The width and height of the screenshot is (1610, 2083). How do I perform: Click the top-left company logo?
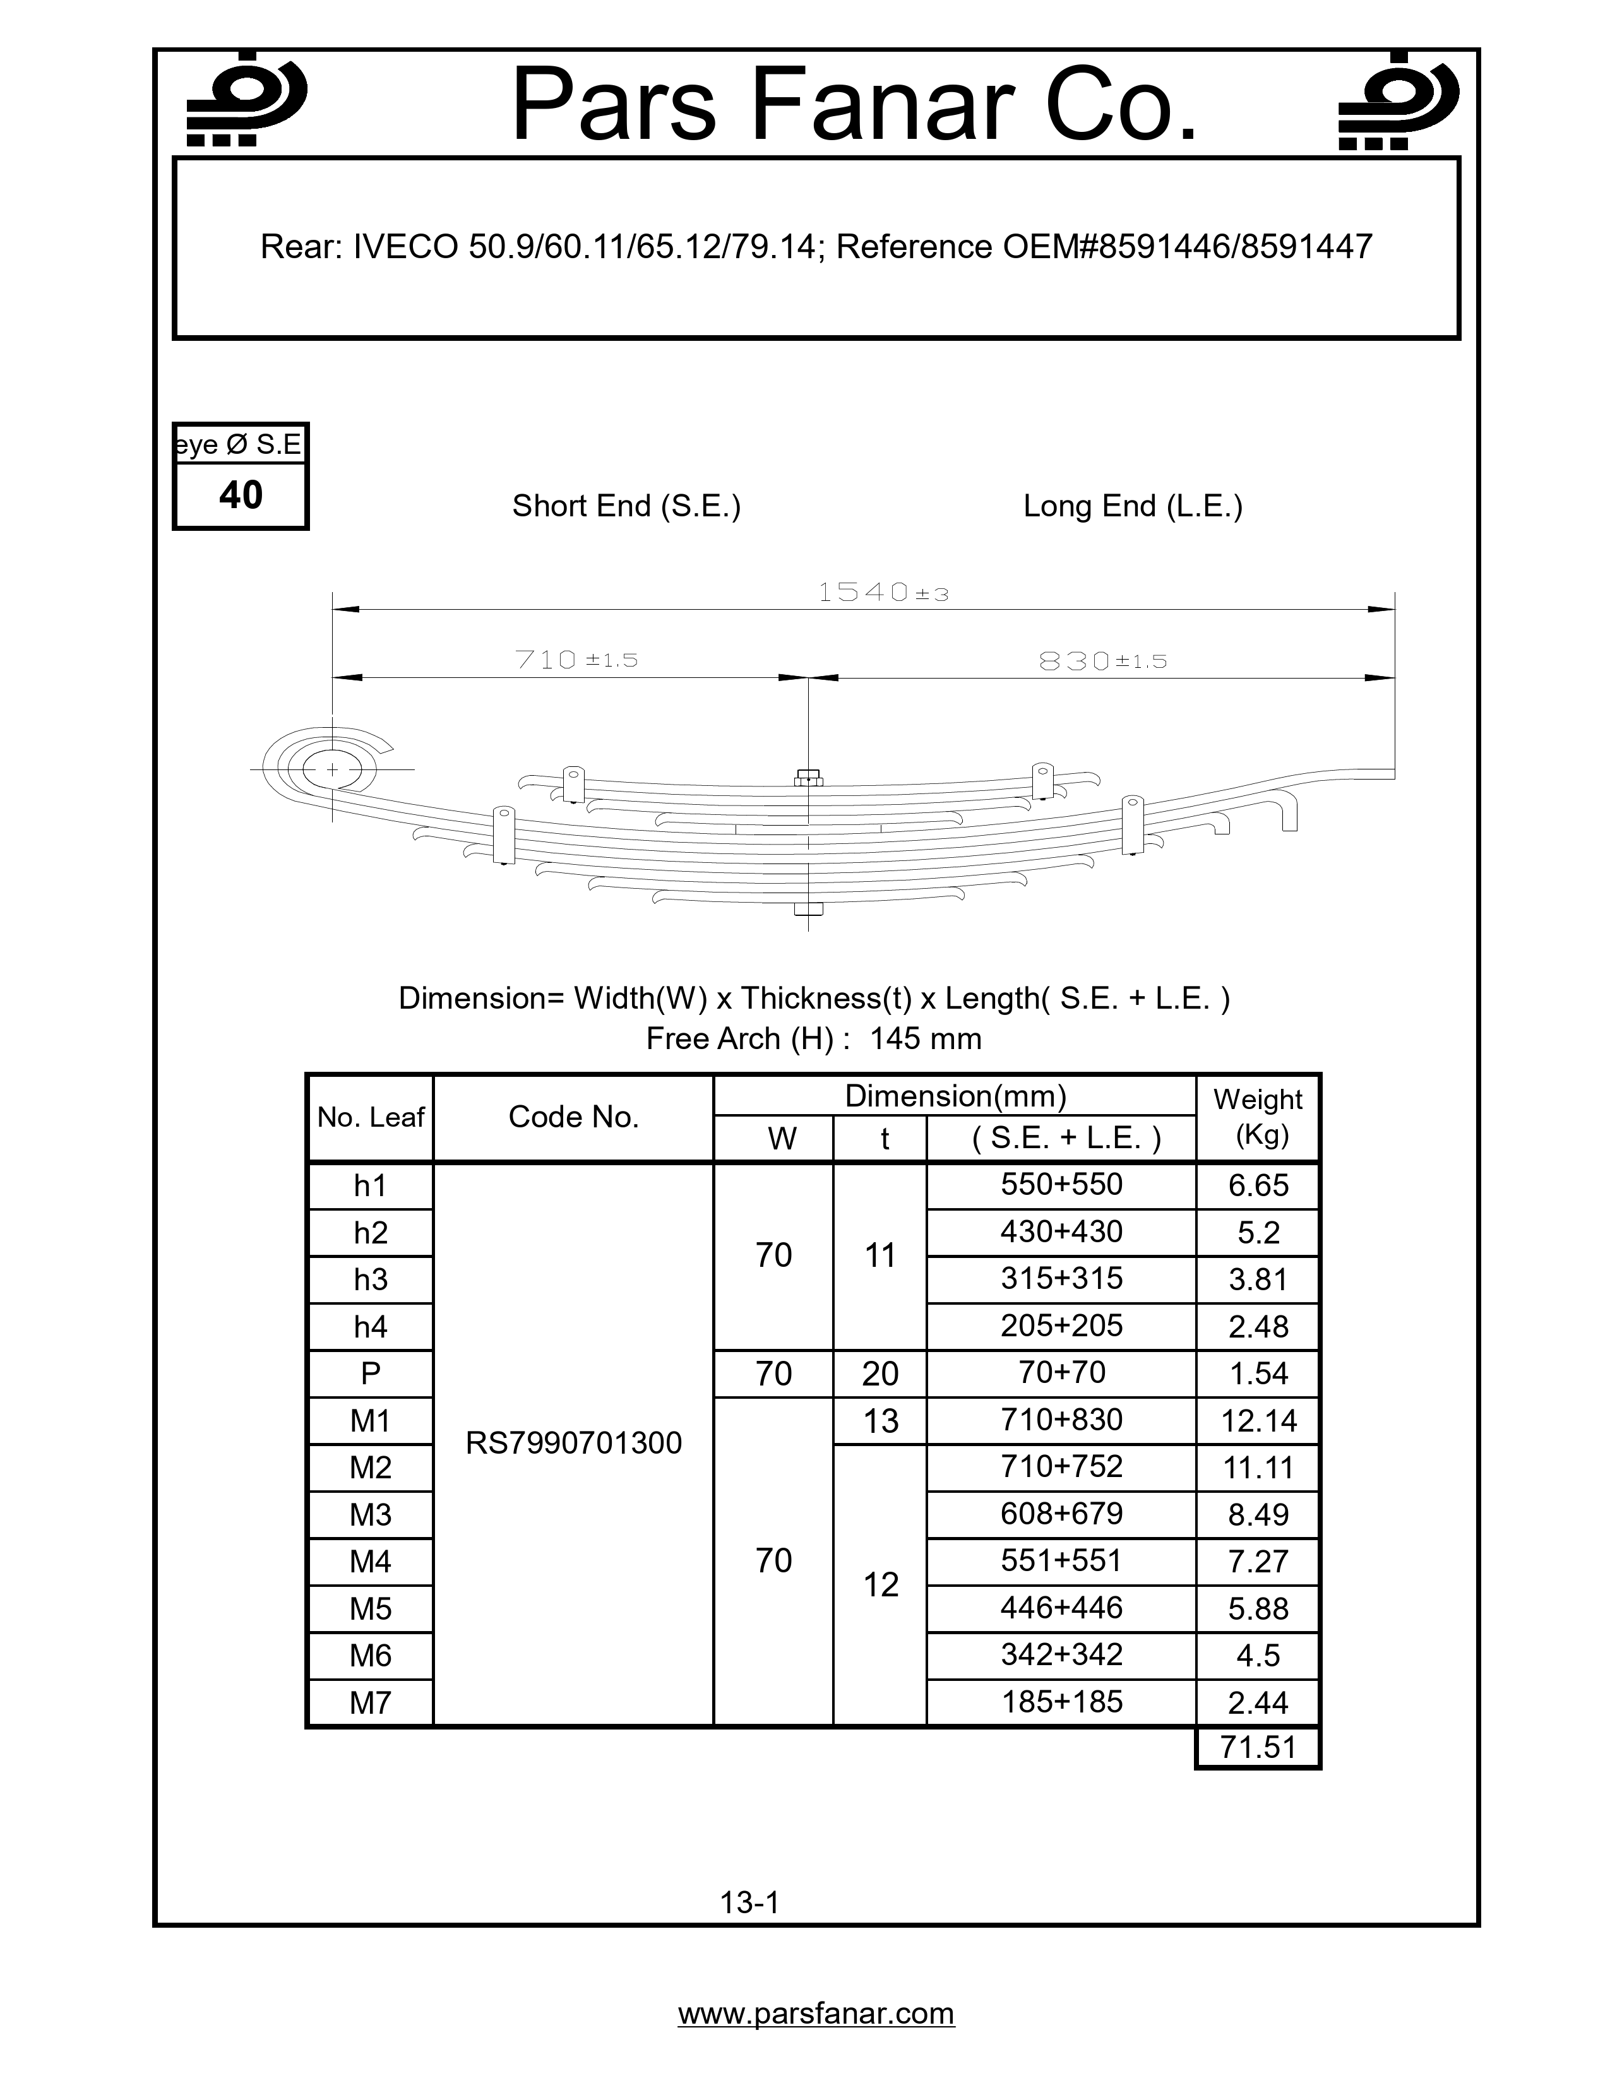pyautogui.click(x=245, y=100)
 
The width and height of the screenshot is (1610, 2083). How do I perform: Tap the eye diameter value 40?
pyautogui.click(x=241, y=495)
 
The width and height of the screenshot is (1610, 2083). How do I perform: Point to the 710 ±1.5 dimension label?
pyautogui.click(x=575, y=659)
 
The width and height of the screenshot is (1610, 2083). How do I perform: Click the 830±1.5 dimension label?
pyautogui.click(x=1102, y=661)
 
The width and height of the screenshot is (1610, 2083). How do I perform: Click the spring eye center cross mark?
pyautogui.click(x=332, y=769)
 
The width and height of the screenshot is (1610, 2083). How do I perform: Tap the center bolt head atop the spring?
pyautogui.click(x=808, y=776)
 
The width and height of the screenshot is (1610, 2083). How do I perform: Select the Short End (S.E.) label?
pyautogui.click(x=626, y=506)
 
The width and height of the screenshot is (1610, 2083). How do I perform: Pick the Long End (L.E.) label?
pyautogui.click(x=1132, y=506)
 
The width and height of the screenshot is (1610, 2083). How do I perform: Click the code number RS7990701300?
pyautogui.click(x=573, y=1443)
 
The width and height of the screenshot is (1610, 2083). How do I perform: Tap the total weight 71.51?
pyautogui.click(x=1258, y=1747)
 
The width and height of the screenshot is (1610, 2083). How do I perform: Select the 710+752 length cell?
pyautogui.click(x=1061, y=1466)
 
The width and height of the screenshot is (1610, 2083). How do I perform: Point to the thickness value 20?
pyautogui.click(x=880, y=1374)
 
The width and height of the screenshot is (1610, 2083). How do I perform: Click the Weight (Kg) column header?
pyautogui.click(x=1257, y=1117)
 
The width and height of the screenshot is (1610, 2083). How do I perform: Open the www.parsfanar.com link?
pyautogui.click(x=816, y=2014)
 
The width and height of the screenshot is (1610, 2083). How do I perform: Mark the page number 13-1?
pyautogui.click(x=749, y=1902)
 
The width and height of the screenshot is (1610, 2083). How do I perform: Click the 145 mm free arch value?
pyautogui.click(x=925, y=1038)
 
